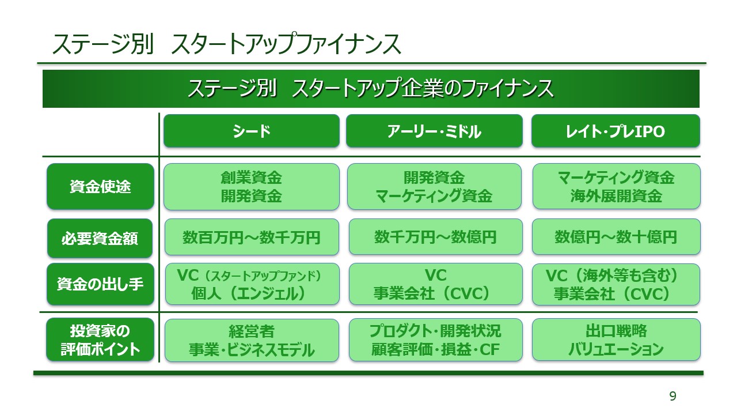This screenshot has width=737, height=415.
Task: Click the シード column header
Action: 252,131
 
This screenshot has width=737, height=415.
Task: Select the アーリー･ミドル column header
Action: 434,131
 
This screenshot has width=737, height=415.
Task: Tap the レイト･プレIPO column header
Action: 615,131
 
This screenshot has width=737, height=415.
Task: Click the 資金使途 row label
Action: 100,187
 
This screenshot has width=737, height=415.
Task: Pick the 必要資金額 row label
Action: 100,237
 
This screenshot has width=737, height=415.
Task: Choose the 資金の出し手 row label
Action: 100,284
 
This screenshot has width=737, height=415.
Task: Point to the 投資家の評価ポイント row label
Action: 100,340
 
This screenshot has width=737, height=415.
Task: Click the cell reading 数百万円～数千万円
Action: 252,237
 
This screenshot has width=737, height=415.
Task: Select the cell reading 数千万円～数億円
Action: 435,237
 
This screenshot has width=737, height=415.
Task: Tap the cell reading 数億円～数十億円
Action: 616,237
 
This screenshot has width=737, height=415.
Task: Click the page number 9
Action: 673,396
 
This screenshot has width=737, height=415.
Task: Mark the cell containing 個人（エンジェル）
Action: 252,284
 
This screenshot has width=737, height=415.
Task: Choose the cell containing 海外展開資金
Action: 616,186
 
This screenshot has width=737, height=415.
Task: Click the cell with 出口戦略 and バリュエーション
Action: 616,339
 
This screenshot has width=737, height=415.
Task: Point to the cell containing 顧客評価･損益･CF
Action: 435,339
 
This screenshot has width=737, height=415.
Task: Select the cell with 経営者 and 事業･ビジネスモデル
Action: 252,340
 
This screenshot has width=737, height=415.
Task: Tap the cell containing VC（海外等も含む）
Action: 616,284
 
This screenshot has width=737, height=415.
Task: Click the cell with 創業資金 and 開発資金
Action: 252,186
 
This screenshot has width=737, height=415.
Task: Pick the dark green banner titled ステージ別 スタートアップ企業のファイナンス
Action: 371,89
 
